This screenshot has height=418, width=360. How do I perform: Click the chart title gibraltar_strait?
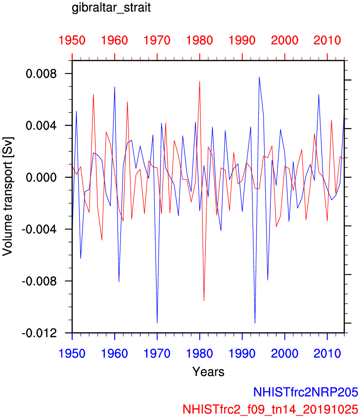[x=111, y=8]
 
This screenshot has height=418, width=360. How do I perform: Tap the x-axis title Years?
[x=208, y=371]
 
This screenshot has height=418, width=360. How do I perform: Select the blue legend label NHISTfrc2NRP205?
[x=306, y=391]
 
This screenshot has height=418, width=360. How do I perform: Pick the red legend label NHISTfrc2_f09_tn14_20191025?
[x=271, y=408]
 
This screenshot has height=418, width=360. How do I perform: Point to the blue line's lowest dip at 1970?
[x=157, y=323]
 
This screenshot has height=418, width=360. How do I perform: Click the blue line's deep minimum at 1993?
[x=255, y=323]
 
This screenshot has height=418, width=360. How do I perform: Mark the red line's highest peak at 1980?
[x=200, y=82]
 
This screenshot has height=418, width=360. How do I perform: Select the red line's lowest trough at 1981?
[x=204, y=301]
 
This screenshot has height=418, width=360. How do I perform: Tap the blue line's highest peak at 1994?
[x=259, y=77]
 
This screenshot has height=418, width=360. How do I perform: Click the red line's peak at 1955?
[x=94, y=94]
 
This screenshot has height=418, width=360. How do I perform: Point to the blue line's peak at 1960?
[x=114, y=87]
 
